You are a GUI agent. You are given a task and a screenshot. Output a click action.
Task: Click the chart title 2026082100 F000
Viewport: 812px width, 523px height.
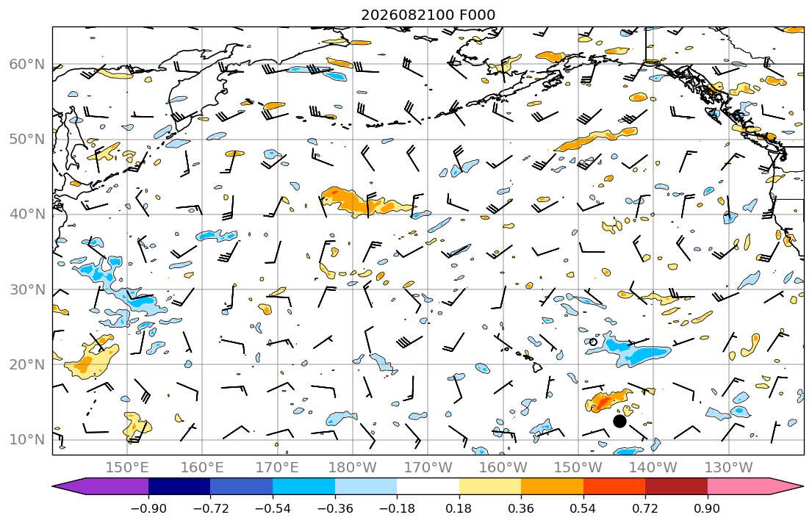coord(428,15)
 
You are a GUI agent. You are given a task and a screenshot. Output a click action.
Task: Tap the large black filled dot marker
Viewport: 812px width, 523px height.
coord(619,421)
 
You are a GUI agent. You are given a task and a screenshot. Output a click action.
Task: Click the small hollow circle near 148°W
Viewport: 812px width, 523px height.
coord(593,342)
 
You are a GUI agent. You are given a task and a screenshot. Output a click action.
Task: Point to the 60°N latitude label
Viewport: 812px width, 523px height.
coord(27,64)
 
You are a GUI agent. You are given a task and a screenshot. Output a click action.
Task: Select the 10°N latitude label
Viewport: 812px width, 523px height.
coord(27,440)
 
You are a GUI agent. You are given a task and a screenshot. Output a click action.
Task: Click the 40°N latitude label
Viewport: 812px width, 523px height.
coord(27,214)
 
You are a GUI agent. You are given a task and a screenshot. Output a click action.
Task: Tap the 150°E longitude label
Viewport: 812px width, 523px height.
coord(127,468)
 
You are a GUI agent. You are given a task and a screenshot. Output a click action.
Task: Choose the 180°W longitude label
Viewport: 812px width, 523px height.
coord(353,468)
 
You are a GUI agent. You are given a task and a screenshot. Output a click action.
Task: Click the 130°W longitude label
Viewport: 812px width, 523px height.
coord(729,468)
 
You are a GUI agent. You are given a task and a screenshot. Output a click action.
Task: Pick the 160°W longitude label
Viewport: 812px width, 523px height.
coord(503,468)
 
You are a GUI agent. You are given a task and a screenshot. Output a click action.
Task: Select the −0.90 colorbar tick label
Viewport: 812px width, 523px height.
coord(148,508)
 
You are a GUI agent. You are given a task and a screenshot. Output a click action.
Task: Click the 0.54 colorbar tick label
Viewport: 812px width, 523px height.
coord(583,508)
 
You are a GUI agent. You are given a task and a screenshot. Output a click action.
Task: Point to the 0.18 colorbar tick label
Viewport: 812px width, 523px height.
coord(459,508)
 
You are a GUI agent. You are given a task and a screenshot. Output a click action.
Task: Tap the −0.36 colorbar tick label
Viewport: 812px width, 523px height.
coord(334,508)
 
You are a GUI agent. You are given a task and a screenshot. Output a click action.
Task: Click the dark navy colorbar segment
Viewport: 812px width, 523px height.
coord(179,486)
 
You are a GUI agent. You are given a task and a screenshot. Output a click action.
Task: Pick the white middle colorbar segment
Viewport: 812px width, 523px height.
coord(428,486)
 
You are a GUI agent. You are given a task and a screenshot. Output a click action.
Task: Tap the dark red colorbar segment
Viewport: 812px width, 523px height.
coord(676,486)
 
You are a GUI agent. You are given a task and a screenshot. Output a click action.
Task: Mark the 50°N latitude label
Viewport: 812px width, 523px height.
coord(27,140)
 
